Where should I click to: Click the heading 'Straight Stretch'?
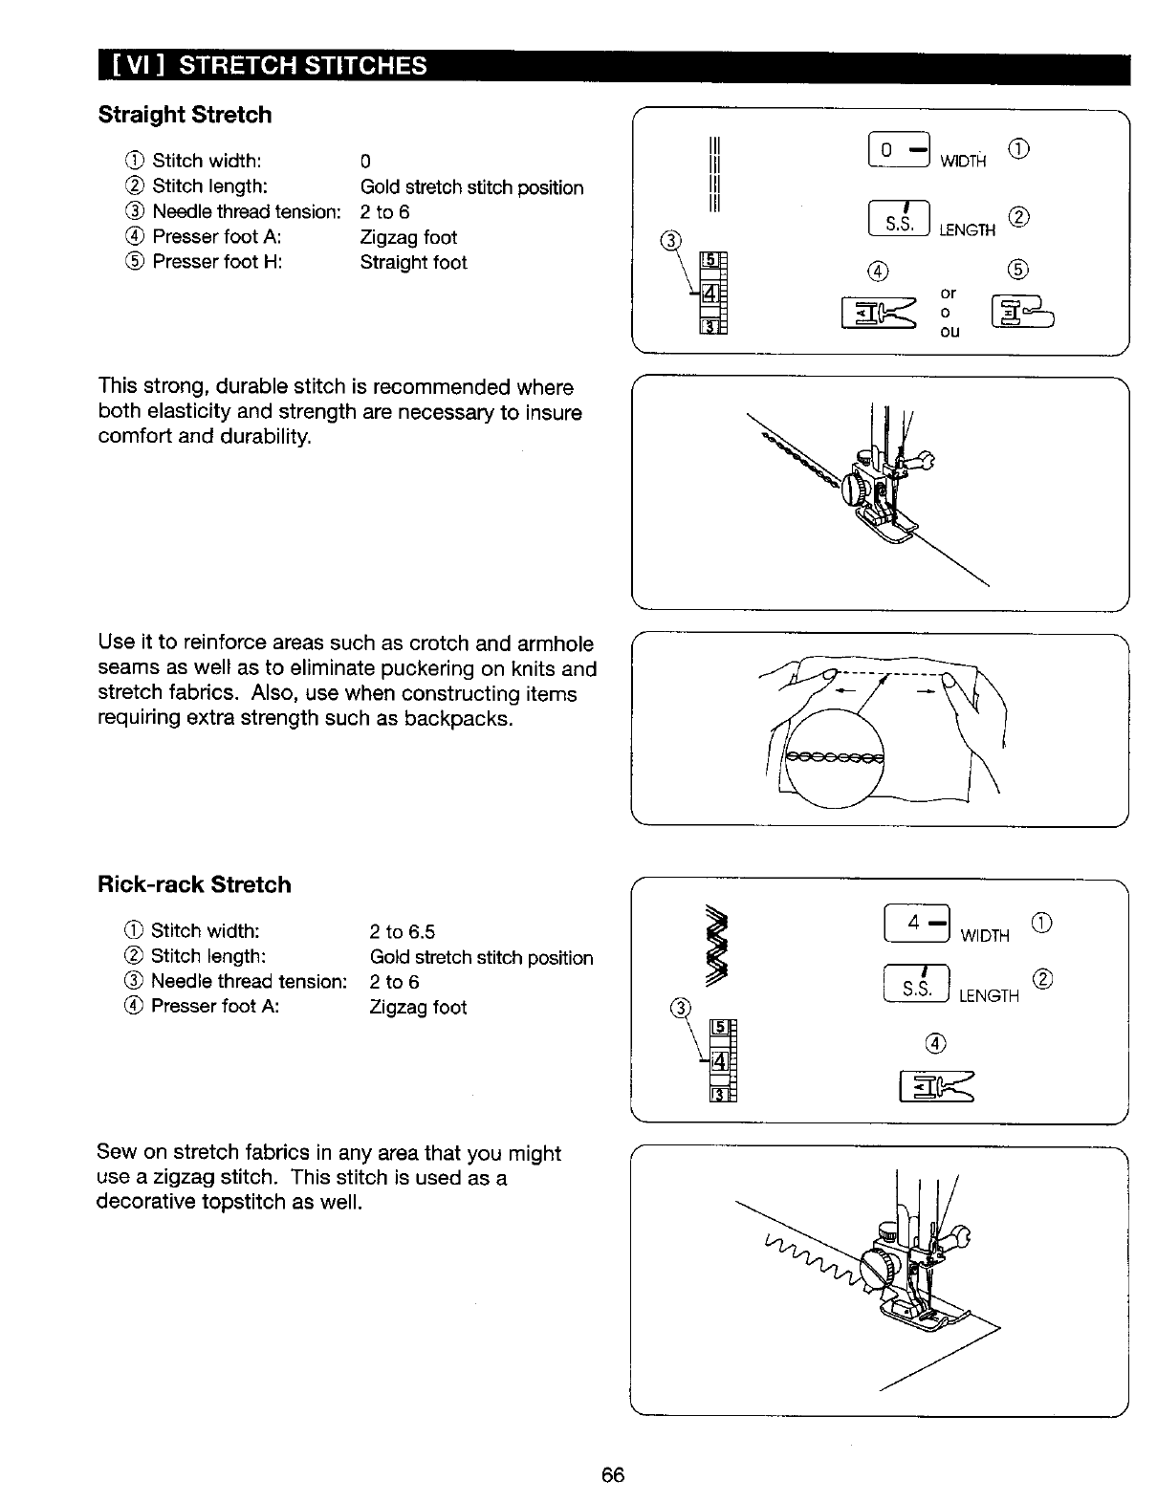[x=185, y=115]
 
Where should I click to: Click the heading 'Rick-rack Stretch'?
[x=194, y=884]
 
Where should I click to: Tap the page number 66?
[x=613, y=1474]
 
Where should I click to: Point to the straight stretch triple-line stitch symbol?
[x=712, y=176]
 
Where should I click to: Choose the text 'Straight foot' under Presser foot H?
[x=413, y=263]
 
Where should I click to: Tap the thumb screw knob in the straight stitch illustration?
[x=854, y=490]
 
